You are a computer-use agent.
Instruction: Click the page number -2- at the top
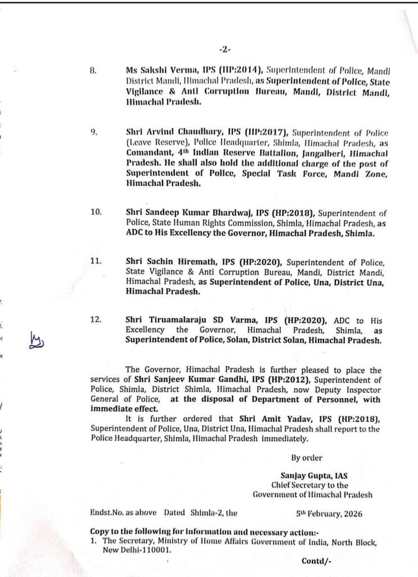coord(224,49)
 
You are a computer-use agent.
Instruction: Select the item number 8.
coord(93,72)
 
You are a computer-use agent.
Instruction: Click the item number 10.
coord(95,213)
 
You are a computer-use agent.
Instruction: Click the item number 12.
coord(95,320)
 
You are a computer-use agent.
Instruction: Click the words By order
coord(307,458)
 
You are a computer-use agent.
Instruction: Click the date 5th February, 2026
coord(329,514)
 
